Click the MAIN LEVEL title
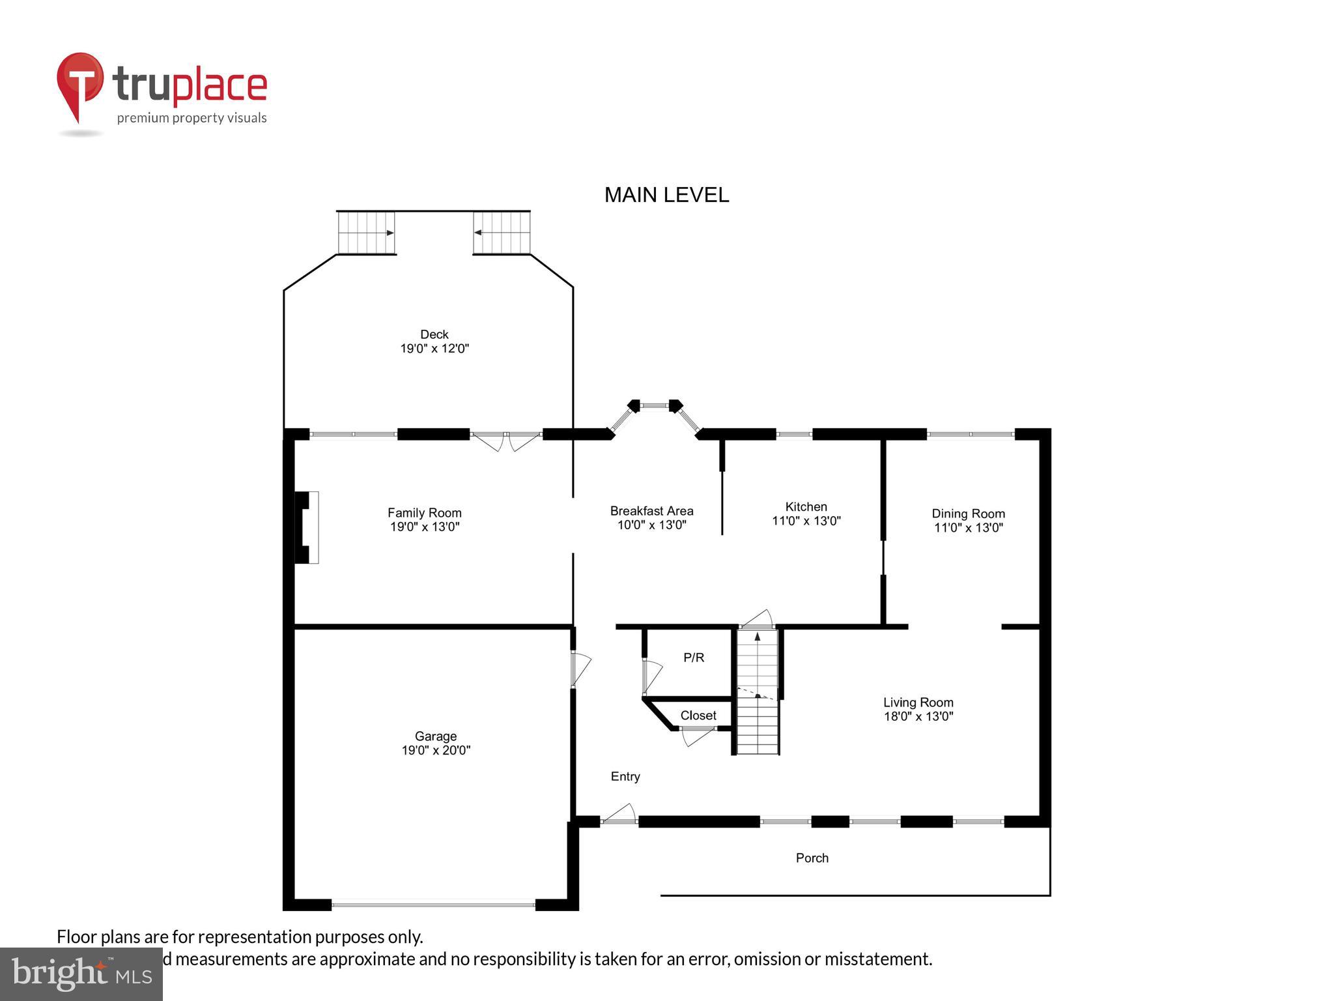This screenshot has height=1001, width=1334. pos(666,195)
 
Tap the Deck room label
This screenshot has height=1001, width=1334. pos(434,334)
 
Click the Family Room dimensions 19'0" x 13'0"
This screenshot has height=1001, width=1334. pos(425,527)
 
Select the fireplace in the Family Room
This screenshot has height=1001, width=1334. pos(307,527)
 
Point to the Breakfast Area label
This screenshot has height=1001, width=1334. pos(651,511)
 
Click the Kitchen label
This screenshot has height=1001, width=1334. pos(806,506)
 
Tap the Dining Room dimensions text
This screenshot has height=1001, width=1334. pos(968,528)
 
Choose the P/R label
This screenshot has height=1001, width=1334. pos(694,658)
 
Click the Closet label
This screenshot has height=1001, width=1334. pos(698,715)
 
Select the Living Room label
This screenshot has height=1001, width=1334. pos(918,702)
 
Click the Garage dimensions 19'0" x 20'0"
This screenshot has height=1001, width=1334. pos(436,750)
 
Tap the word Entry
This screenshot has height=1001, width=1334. pos(625,776)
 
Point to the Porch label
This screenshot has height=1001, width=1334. pos(812,858)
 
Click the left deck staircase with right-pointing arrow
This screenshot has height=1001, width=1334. pos(366,233)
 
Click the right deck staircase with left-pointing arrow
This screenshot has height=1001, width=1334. pos(502,233)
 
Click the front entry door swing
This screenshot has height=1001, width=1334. pos(619,815)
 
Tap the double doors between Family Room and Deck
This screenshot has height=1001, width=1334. pos(506,441)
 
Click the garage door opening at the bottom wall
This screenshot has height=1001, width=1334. pos(433,904)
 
